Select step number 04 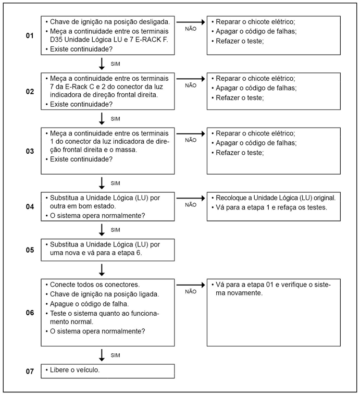coord(30,206)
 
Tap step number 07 coord(30,371)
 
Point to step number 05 coord(30,250)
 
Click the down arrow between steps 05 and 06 coord(102,269)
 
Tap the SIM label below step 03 coord(116,183)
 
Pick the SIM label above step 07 coord(116,355)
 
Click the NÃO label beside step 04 coord(191,205)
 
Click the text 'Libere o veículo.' coord(75,370)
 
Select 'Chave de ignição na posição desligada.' coord(109,22)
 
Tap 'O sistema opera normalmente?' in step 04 coord(97,216)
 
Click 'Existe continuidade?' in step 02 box coord(81,104)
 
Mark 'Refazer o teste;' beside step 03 coord(240,152)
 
